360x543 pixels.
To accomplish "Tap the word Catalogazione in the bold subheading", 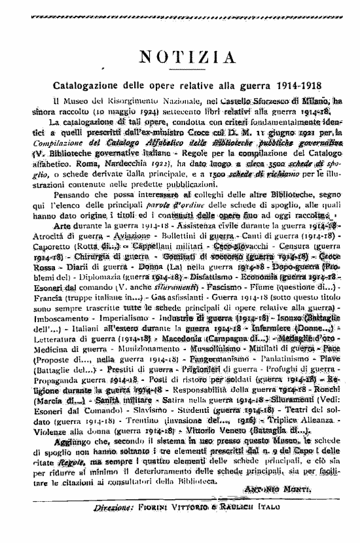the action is [x=86, y=86].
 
